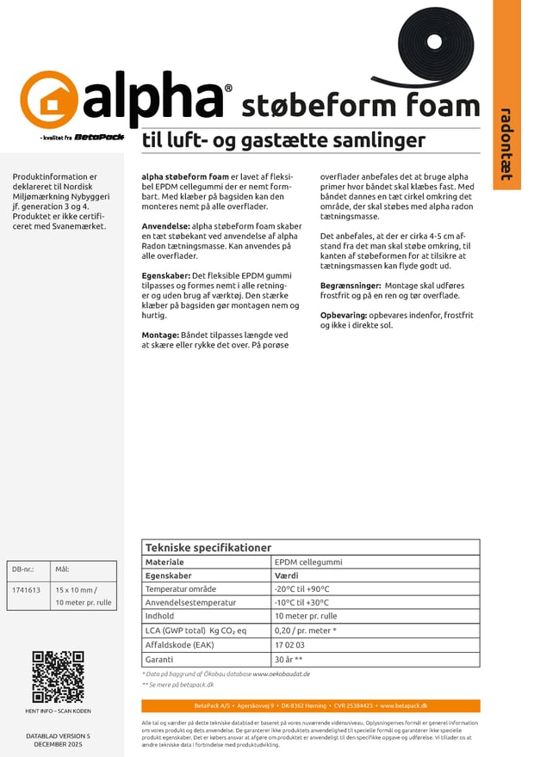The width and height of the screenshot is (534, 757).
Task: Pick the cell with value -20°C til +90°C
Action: pyautogui.click(x=301, y=589)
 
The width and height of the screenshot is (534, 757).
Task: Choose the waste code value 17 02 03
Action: pyautogui.click(x=289, y=645)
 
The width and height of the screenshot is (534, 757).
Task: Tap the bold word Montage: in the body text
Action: pyautogui.click(x=161, y=334)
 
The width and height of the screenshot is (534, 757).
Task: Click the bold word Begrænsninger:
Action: pyautogui.click(x=351, y=285)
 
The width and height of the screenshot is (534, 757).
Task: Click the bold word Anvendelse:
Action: pyautogui.click(x=166, y=225)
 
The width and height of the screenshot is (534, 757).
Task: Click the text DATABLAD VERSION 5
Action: pyautogui.click(x=58, y=736)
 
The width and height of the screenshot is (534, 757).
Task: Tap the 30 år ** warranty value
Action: pyautogui.click(x=289, y=659)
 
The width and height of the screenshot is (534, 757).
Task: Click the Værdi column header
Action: pyautogui.click(x=286, y=575)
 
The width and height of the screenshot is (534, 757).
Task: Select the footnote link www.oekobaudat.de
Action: pyautogui.click(x=281, y=674)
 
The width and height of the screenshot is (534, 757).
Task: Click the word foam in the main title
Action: pyautogui.click(x=434, y=107)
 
